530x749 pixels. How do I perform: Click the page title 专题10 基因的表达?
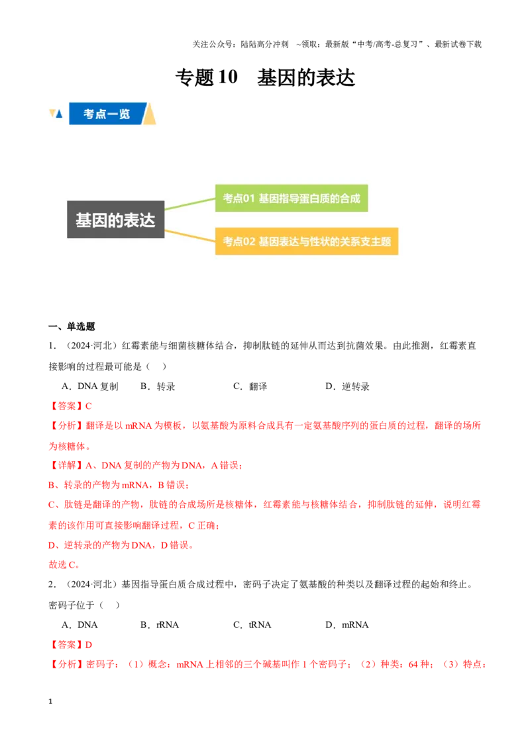coord(265,77)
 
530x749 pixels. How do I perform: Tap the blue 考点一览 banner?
coord(107,114)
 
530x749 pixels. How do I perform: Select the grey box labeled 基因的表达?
coord(116,220)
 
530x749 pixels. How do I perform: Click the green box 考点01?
coord(291,198)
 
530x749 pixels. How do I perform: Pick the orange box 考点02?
coord(307,242)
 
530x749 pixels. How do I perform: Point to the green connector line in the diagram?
coord(190,204)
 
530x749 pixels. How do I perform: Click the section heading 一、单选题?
coord(72,327)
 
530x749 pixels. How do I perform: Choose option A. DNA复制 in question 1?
coord(90,386)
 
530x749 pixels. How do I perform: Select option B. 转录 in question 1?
coord(158,386)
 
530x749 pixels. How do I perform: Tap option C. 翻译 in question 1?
coord(250,386)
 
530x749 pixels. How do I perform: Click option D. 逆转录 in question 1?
coord(347,386)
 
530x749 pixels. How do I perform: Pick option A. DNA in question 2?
coord(80,625)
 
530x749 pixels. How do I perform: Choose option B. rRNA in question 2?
coord(160,625)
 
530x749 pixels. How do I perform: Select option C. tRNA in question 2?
coord(252,625)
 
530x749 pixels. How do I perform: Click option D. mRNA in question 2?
coord(347,625)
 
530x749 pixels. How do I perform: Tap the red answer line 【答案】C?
coord(70,406)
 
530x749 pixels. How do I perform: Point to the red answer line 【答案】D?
coord(70,645)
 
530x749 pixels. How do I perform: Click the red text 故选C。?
coord(64,564)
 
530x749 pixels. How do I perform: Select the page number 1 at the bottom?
coord(50,701)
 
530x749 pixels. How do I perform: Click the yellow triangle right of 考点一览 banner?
coord(150,114)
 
